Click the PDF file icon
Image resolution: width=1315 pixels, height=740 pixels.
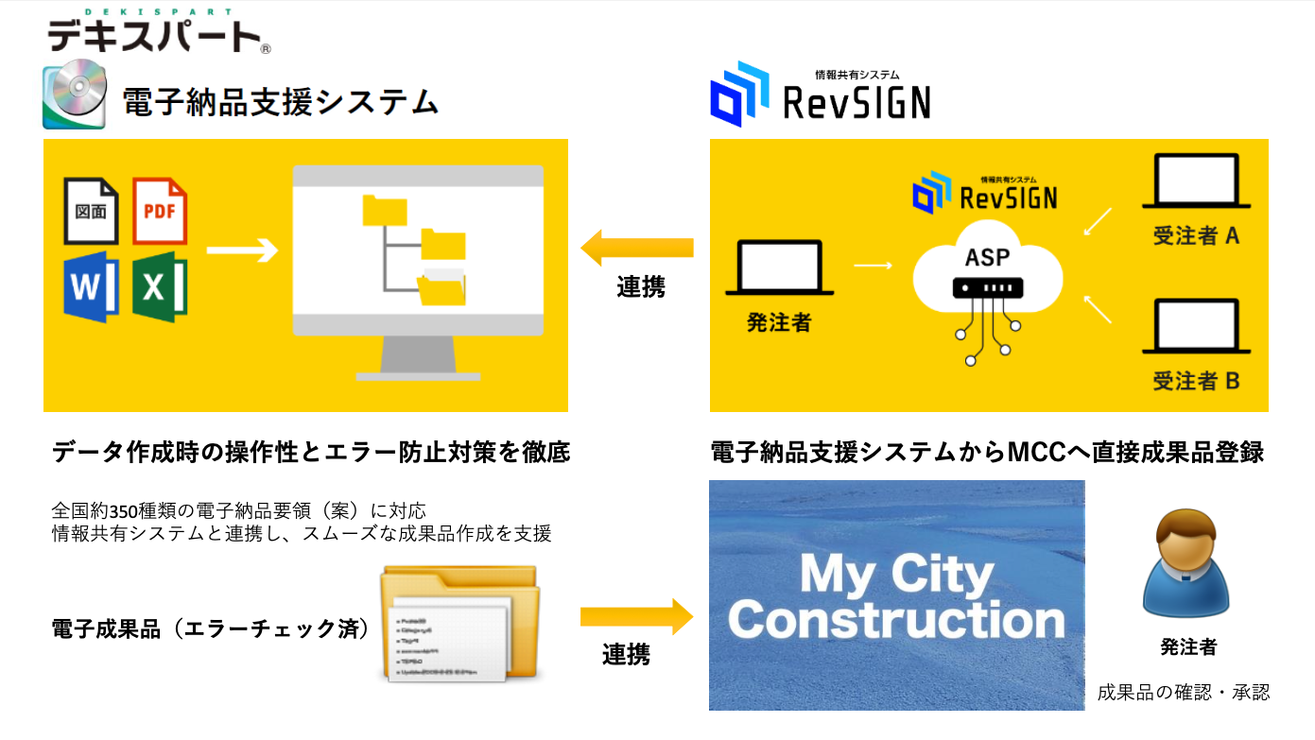tap(160, 211)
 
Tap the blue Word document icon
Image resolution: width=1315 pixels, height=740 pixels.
tap(91, 286)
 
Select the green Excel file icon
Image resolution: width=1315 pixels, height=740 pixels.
tap(160, 286)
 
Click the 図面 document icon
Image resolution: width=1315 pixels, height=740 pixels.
tap(91, 211)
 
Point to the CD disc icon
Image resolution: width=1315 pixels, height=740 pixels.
tap(74, 95)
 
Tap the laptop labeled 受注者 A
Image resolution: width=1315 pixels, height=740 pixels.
tap(1196, 181)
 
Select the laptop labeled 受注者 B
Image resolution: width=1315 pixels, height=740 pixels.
tap(1196, 326)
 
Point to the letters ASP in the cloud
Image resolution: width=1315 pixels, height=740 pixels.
tap(987, 257)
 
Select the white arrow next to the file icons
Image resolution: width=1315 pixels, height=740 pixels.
tap(242, 250)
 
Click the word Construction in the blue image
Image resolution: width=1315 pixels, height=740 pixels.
tap(896, 621)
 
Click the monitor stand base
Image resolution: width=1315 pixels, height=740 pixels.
tap(417, 372)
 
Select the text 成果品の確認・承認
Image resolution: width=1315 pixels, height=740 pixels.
tap(1183, 693)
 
